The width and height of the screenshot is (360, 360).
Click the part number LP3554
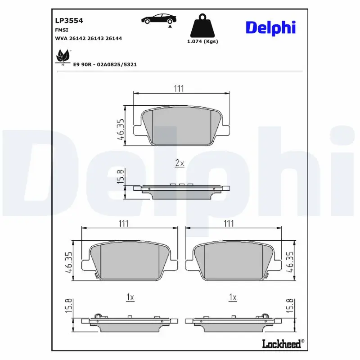click(69, 20)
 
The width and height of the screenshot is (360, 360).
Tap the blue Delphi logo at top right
click(270, 27)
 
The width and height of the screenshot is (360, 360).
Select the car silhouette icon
click(159, 19)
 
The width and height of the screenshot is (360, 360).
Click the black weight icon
click(202, 27)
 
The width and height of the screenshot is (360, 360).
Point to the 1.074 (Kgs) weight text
click(202, 41)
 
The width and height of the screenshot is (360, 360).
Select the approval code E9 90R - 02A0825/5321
click(105, 64)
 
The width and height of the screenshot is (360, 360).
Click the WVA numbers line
click(88, 38)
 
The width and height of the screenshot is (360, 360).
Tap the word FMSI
click(61, 30)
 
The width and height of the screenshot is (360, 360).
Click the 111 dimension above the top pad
click(179, 89)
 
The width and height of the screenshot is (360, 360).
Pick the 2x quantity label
click(180, 163)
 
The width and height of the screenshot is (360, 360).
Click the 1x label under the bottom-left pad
click(130, 297)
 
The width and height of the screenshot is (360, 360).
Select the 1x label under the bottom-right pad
click(233, 297)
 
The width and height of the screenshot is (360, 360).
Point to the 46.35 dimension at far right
click(291, 263)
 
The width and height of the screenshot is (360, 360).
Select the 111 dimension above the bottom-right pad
click(229, 223)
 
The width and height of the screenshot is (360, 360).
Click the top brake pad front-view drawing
click(182, 127)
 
